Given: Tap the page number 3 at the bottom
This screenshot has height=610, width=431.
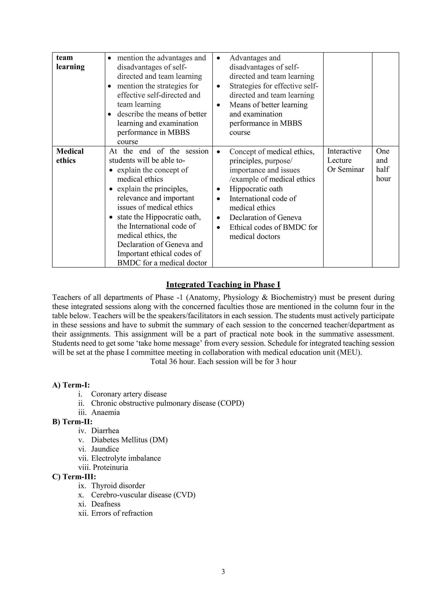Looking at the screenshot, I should [x=223, y=571].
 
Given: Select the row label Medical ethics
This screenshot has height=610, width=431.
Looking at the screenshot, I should [x=70, y=156].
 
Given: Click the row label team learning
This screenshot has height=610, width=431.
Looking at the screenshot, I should [x=70, y=62].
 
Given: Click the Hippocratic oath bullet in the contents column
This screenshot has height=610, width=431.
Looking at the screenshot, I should [x=256, y=189].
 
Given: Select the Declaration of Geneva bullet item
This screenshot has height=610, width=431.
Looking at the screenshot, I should [x=265, y=218].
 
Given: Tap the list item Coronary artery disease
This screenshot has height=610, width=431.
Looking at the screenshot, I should [x=129, y=394].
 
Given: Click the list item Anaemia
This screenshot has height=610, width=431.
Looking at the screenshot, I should [x=105, y=412].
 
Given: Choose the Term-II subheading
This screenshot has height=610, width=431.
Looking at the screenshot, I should [x=72, y=422].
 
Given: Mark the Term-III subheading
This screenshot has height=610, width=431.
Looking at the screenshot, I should [x=74, y=477].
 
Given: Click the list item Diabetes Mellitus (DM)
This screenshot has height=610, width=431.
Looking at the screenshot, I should [x=129, y=440].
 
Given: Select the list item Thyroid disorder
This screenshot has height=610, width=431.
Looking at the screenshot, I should [x=118, y=486].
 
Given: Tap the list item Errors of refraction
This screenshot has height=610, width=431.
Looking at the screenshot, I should [x=122, y=513].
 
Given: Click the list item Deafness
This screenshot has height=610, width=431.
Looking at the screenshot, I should [x=106, y=504].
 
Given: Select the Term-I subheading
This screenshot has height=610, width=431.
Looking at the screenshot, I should [x=71, y=385].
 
